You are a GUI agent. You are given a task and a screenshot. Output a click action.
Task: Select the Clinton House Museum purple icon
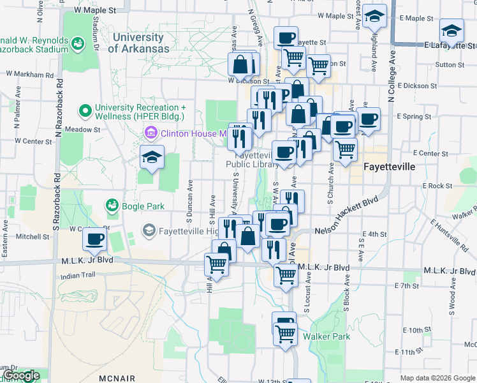[x=152, y=133]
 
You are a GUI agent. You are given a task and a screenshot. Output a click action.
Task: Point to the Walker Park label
[x=327, y=336]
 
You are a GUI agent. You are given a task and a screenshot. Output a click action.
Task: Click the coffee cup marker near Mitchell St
[x=94, y=239]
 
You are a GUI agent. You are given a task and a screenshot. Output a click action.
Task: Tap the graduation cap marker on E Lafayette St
[x=451, y=31]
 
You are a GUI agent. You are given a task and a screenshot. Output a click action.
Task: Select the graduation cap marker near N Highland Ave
[x=375, y=17]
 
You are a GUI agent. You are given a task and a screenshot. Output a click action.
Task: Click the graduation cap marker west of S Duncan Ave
[x=152, y=157]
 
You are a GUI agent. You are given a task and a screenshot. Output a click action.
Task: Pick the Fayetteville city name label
[x=389, y=167]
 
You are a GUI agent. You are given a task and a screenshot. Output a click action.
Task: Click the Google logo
[x=21, y=375]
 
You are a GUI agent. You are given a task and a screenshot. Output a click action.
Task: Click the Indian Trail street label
[x=78, y=276]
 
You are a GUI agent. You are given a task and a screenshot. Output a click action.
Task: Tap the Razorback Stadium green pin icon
[x=78, y=44]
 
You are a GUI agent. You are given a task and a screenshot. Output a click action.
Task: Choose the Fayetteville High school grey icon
[x=149, y=230]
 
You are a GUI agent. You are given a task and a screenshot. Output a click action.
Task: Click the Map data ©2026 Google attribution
[x=437, y=378]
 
